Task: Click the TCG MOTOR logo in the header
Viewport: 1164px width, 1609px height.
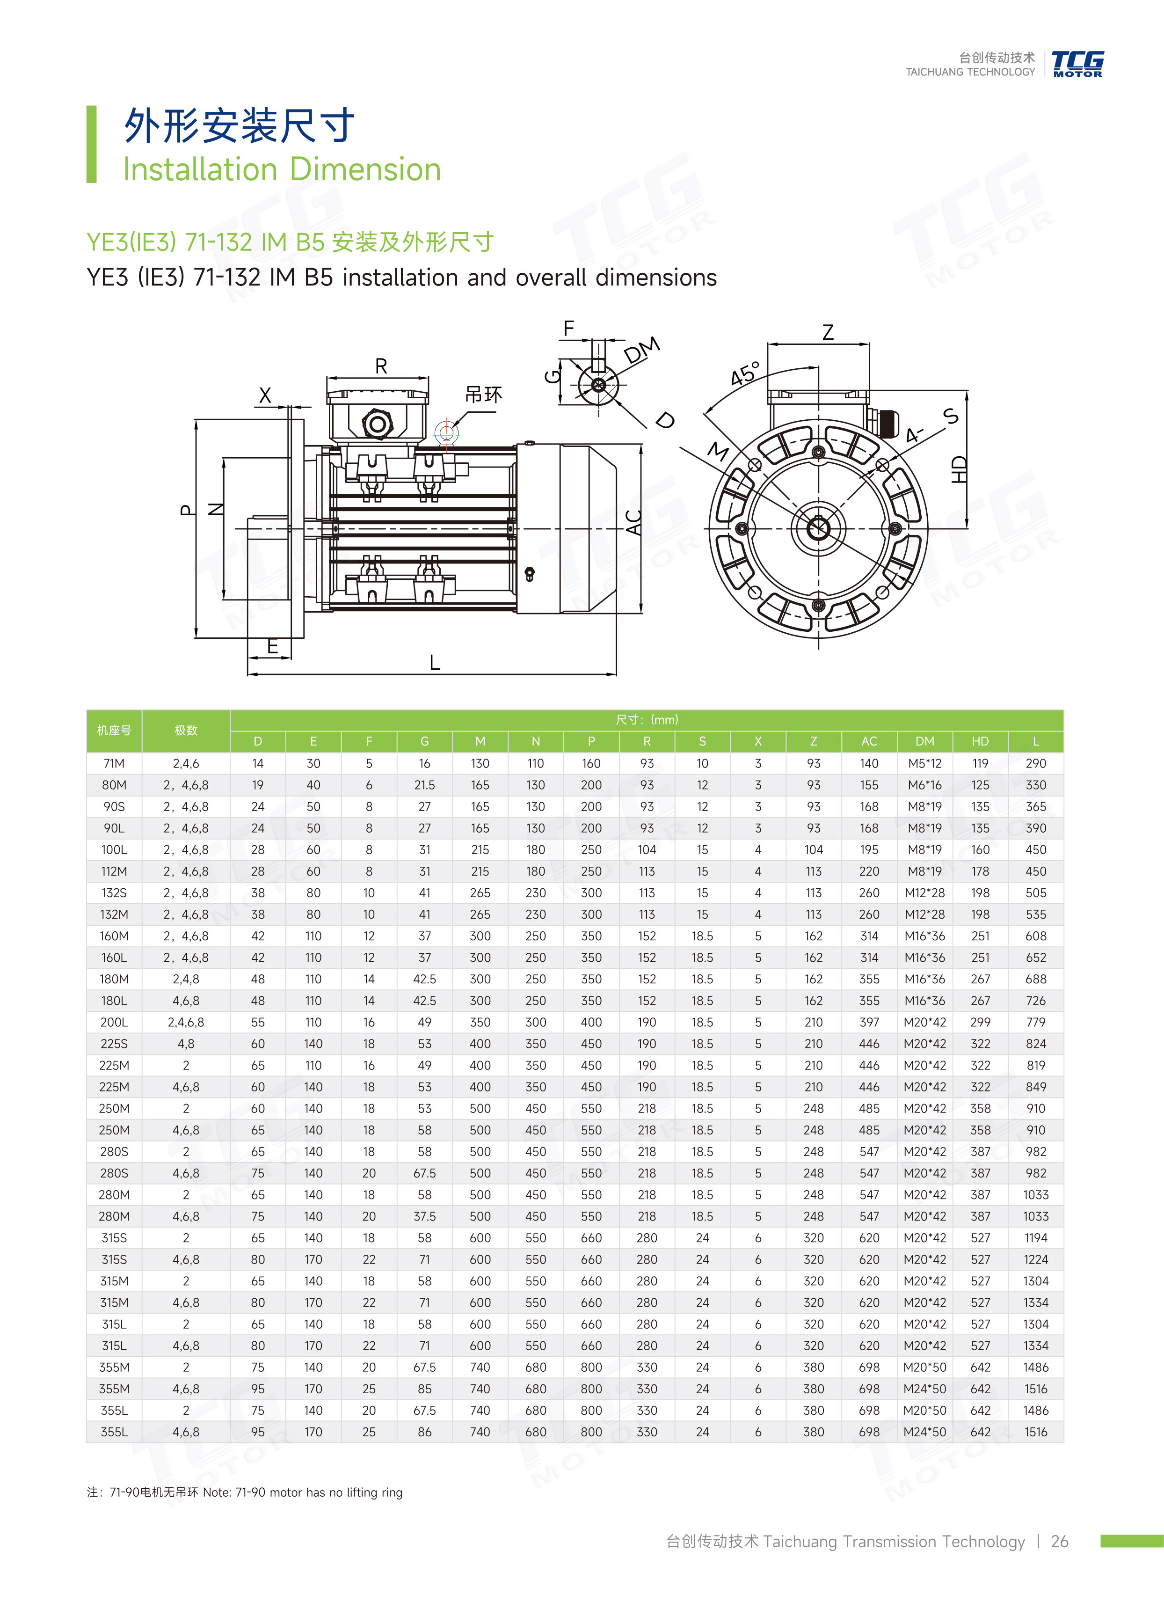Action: click(1077, 63)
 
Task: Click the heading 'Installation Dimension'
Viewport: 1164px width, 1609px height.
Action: click(282, 169)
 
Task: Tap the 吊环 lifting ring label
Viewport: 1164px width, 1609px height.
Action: click(483, 395)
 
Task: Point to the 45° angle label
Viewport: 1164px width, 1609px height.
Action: click(745, 373)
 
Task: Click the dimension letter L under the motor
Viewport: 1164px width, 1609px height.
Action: click(435, 663)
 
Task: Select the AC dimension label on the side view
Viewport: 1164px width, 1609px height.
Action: click(633, 521)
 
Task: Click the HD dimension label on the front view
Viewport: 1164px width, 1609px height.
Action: click(958, 470)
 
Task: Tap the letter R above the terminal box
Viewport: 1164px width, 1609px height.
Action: click(381, 366)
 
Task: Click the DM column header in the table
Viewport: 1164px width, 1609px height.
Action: click(924, 741)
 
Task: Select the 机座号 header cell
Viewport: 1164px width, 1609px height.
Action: click(114, 730)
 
